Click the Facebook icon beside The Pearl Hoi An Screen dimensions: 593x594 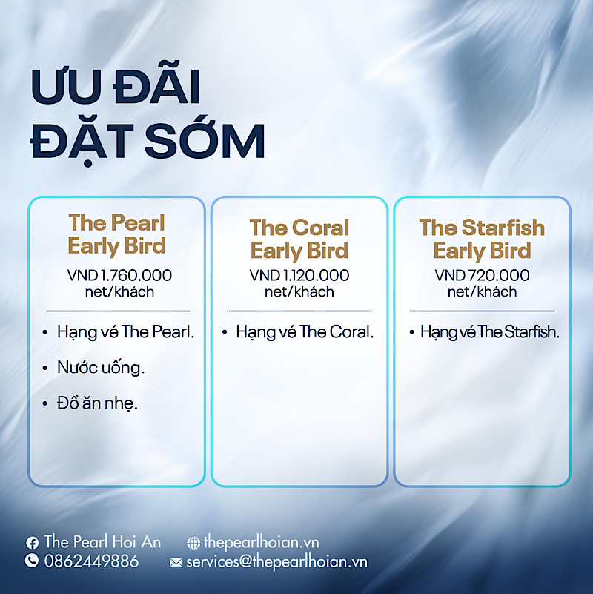[x=32, y=543]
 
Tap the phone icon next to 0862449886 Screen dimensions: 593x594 [x=32, y=561]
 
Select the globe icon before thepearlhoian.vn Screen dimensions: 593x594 [x=193, y=543]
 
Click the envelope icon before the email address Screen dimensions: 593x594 [x=176, y=562]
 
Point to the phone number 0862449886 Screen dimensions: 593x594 [x=91, y=561]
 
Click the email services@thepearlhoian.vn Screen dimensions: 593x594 [x=276, y=562]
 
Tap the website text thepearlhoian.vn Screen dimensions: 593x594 [x=261, y=543]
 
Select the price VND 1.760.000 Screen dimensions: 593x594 [x=119, y=275]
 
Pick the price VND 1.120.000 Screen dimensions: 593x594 [x=299, y=275]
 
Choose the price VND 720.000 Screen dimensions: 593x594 [x=482, y=275]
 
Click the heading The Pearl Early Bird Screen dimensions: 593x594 [x=116, y=234]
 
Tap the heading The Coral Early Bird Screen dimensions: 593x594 [x=299, y=239]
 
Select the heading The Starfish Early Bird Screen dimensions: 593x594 [x=482, y=239]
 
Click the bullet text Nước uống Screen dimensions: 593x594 [x=101, y=368]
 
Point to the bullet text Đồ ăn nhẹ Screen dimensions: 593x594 [x=97, y=403]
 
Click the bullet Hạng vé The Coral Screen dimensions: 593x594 [x=305, y=332]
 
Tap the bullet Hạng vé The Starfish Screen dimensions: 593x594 [x=490, y=332]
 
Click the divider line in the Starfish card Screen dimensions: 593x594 [x=482, y=311]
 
